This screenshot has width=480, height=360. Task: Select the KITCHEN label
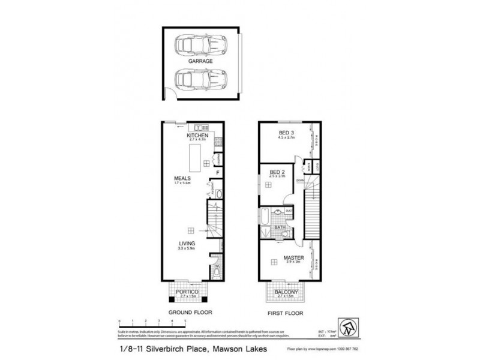(197, 136)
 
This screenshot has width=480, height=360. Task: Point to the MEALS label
(182, 178)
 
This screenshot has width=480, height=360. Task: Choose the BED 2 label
(277, 172)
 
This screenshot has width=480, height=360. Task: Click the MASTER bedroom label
(292, 259)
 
